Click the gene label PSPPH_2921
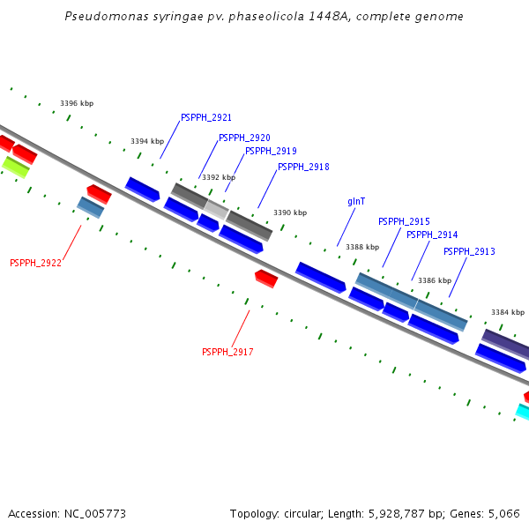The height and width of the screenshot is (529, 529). [x=206, y=117]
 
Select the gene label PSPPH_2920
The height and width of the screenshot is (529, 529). [x=244, y=138]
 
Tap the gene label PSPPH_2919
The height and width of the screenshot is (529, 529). [x=271, y=151]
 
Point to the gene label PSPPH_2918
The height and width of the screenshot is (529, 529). [x=303, y=167]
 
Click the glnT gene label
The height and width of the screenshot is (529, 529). [x=356, y=201]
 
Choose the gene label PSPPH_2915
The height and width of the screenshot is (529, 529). [x=404, y=221]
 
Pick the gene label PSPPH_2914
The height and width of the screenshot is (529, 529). [x=432, y=235]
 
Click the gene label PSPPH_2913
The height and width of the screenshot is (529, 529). [x=469, y=251]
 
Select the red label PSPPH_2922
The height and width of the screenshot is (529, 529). [x=35, y=263]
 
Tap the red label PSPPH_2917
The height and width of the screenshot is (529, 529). [x=227, y=352]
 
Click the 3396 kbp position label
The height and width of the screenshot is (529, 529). [x=77, y=103]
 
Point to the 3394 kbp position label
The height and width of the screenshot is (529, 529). [x=147, y=141]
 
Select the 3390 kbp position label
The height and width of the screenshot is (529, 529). [x=290, y=212]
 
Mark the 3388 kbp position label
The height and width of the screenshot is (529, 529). [x=362, y=247]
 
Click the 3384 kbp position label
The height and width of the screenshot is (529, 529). [x=508, y=312]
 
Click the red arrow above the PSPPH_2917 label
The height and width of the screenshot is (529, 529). [x=266, y=279]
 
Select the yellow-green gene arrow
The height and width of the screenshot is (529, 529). [x=15, y=166]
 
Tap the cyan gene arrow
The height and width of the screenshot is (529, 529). [x=523, y=412]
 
